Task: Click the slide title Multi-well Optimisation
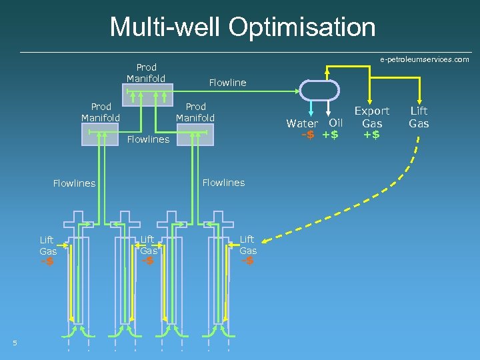tap(243, 27)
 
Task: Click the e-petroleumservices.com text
tap(425, 60)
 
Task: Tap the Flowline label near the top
tap(227, 83)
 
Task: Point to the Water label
tap(302, 123)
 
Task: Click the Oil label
tap(336, 123)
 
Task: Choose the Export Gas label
tap(372, 117)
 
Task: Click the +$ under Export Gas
tap(372, 135)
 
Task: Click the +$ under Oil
tap(330, 135)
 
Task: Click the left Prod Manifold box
tap(101, 134)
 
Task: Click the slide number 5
tap(15, 343)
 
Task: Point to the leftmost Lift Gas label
tap(47, 245)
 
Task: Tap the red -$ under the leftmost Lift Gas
tap(47, 261)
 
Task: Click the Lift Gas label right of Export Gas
tap(419, 117)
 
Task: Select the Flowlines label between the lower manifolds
tap(148, 139)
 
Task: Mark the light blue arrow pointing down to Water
tap(312, 109)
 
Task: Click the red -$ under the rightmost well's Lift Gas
tap(247, 261)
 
